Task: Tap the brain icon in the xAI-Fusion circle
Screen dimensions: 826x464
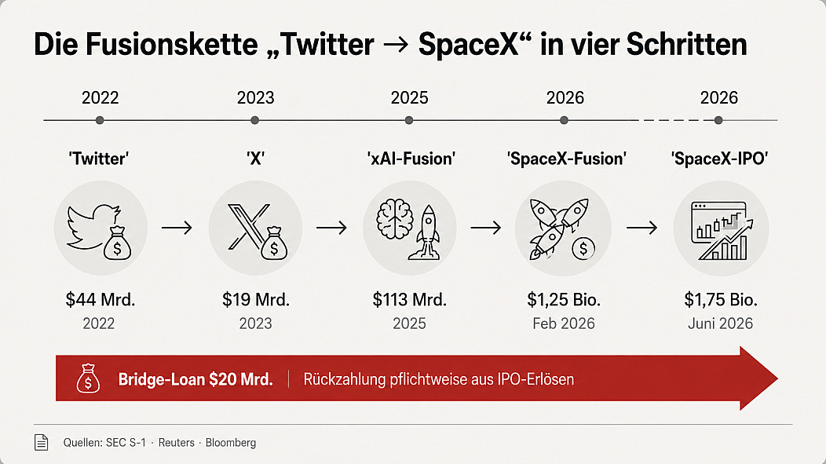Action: coord(395,219)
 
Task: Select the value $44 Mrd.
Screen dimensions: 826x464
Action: coord(100,300)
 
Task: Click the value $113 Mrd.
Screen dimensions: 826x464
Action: coord(409,300)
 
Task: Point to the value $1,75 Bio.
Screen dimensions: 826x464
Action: coord(721,300)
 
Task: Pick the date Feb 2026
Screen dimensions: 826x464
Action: coord(564,323)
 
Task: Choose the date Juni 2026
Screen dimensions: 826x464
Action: coord(720,323)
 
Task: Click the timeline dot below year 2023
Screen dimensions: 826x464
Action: coord(255,120)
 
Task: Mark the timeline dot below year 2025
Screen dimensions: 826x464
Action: coord(409,120)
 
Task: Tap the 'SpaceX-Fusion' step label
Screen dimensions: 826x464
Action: coord(566,159)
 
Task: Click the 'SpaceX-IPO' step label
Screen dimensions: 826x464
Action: coord(719,159)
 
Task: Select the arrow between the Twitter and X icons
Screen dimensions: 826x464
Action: coord(177,228)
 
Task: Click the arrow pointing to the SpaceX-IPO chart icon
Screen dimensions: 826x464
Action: coord(641,228)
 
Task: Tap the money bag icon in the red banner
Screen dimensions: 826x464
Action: coord(88,378)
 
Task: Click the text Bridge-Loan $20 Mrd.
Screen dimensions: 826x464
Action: coord(196,379)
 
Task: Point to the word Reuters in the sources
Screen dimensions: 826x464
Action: coord(177,442)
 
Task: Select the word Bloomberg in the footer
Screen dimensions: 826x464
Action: coord(231,443)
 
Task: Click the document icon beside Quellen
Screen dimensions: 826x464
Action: coord(41,442)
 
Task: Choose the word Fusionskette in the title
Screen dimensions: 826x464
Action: coord(171,44)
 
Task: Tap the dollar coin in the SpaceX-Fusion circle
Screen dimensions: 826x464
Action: coord(583,249)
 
